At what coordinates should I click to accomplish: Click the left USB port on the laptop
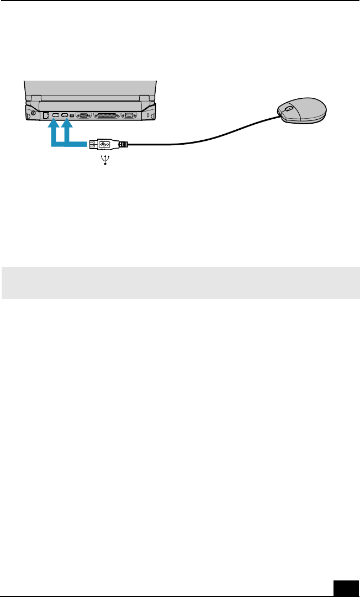point(55,115)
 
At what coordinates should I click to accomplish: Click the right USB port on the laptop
point(65,115)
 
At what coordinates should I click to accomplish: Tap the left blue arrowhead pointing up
point(53,126)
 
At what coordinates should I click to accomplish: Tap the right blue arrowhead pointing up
point(67,126)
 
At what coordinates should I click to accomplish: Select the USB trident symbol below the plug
point(105,161)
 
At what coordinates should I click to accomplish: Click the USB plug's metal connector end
point(92,145)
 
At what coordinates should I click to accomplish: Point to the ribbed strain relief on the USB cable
point(124,145)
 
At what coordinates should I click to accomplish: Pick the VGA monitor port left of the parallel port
point(83,116)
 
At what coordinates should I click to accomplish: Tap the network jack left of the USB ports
point(46,115)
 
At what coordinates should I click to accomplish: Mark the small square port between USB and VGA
point(72,116)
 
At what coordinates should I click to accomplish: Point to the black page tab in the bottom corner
point(347,587)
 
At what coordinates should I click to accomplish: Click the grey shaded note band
point(180,283)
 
